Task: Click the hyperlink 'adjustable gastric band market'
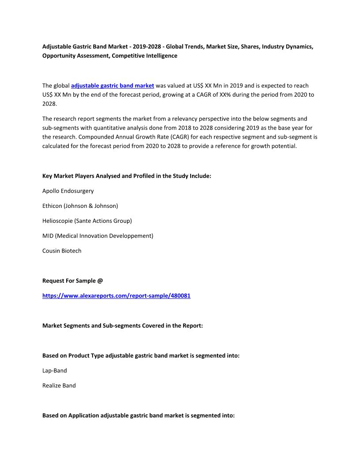tap(112, 86)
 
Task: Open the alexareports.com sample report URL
tap(116, 296)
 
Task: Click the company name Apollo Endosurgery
tap(68, 191)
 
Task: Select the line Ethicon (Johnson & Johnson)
tap(80, 206)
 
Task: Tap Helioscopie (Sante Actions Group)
tap(87, 221)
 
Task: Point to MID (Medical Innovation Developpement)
tap(97, 236)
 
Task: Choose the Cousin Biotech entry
tap(62, 251)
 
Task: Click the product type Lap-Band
tap(55, 371)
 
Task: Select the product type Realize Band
tap(59, 385)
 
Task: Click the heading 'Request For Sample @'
tap(72, 281)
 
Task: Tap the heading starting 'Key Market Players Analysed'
tap(127, 176)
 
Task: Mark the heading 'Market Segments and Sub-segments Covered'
tap(122, 326)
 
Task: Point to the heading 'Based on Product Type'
tap(141, 355)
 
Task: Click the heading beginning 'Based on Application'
tap(138, 415)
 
